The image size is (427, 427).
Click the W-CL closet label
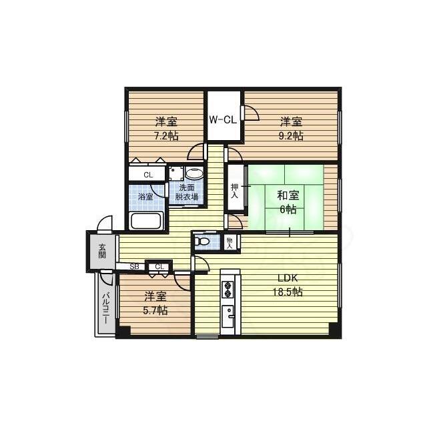click(223, 120)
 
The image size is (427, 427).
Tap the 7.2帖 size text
click(166, 135)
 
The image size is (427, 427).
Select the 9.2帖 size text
click(291, 135)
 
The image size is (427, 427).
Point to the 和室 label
click(288, 195)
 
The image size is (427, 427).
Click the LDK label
click(288, 278)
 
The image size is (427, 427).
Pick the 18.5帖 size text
click(288, 292)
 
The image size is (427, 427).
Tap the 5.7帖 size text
click(155, 310)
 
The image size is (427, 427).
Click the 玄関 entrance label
click(102, 251)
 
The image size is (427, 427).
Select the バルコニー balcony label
click(107, 308)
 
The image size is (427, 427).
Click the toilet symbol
click(201, 242)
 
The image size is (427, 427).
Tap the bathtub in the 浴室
click(145, 221)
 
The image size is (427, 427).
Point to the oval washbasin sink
click(193, 173)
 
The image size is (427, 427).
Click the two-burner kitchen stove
click(228, 289)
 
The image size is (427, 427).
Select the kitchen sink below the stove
click(228, 316)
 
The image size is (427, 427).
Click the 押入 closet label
click(234, 191)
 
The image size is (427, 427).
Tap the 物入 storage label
click(230, 243)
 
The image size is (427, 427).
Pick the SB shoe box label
click(134, 267)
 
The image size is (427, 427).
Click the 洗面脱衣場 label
click(187, 192)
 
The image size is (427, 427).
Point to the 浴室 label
click(145, 197)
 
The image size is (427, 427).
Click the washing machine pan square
click(176, 173)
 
